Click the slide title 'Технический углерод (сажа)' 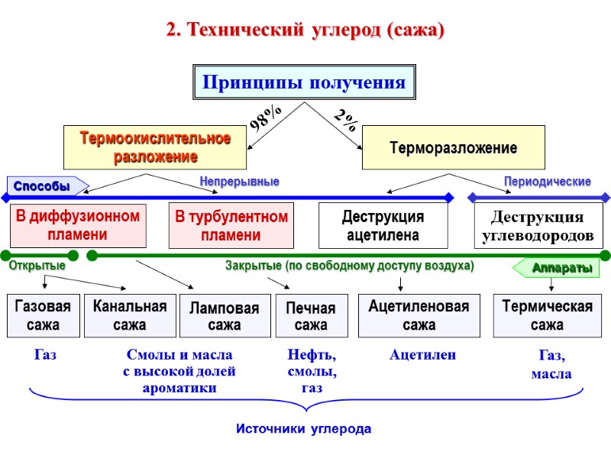pyautogui.click(x=305, y=31)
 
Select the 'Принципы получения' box pyautogui.click(x=303, y=82)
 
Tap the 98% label pyautogui.click(x=267, y=118)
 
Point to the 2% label pyautogui.click(x=345, y=120)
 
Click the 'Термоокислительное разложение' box pyautogui.click(x=155, y=148)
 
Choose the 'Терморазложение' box pyautogui.click(x=453, y=148)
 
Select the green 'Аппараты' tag pyautogui.click(x=557, y=269)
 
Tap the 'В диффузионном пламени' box pyautogui.click(x=78, y=225)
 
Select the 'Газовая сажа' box pyautogui.click(x=43, y=315)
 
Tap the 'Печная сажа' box pyautogui.click(x=310, y=316)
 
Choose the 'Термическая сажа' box pyautogui.click(x=547, y=315)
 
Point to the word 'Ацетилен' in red pyautogui.click(x=422, y=355)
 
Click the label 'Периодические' pyautogui.click(x=547, y=182)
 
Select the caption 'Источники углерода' pyautogui.click(x=303, y=429)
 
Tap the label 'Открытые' pyautogui.click(x=37, y=266)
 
